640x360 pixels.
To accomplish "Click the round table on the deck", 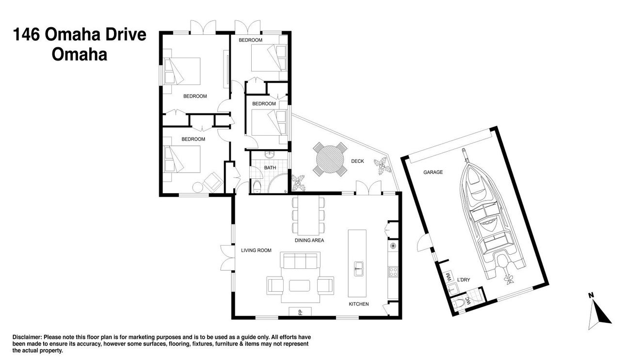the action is point(330,159).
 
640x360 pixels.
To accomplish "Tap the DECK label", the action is point(357,161).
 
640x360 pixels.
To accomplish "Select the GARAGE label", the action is point(433,172).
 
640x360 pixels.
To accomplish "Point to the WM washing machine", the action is point(449,276).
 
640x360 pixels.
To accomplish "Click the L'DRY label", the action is point(464,280).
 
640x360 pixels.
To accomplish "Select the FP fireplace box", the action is point(300,312).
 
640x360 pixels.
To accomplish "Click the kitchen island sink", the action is point(359,268).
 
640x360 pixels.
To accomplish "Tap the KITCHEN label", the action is point(359,304).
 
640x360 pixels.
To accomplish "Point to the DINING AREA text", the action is point(309,240).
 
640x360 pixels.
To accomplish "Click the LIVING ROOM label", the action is point(256,250).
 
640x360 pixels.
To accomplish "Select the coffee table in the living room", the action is point(299,285).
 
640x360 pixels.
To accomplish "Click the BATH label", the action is point(270,168).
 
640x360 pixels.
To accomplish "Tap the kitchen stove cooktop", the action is point(393,271).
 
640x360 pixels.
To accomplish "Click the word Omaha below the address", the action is point(80,55).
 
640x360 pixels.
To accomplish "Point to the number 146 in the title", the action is point(26,34).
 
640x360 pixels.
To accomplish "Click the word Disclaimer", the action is point(28,337).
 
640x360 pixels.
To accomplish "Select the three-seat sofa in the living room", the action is point(300,260).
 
